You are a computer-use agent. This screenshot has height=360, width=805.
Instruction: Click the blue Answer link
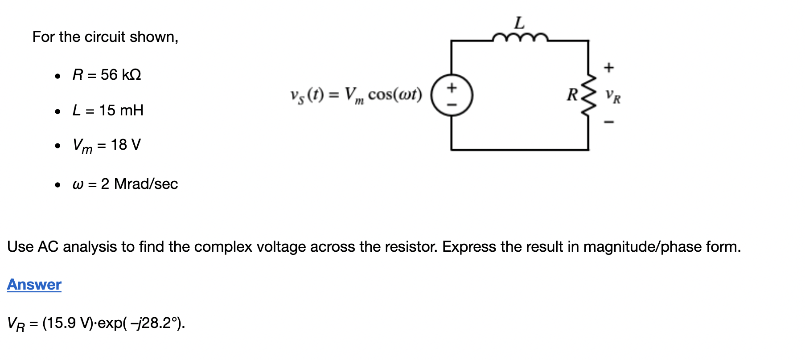[34, 284]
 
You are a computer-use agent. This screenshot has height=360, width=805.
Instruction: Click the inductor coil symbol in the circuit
[520, 37]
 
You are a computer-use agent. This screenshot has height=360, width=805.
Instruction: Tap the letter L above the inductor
[520, 22]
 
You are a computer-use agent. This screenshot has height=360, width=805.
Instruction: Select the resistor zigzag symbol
[589, 95]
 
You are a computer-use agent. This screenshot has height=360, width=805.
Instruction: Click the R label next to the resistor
[572, 94]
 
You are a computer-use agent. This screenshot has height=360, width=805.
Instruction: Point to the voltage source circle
[452, 95]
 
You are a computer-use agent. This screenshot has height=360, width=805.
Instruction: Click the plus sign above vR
[609, 68]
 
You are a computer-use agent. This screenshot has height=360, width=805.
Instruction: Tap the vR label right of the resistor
[613, 96]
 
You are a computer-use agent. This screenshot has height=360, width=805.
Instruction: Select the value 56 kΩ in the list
[121, 74]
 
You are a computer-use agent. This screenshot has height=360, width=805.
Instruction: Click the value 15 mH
[121, 110]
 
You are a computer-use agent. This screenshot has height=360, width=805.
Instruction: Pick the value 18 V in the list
[126, 145]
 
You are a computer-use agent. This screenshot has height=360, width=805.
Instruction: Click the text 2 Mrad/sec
[139, 184]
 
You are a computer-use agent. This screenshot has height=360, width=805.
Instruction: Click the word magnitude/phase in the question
[644, 246]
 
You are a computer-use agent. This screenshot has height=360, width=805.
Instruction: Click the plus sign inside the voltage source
[452, 87]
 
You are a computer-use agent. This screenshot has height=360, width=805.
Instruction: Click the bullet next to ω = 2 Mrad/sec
[57, 184]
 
